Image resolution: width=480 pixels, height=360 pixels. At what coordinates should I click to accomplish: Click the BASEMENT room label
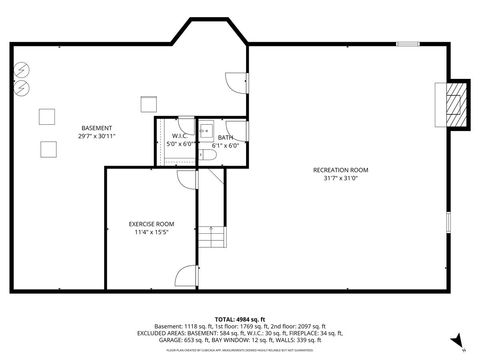[x=97, y=128]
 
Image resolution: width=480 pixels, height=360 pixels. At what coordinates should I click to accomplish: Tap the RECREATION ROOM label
[x=340, y=170]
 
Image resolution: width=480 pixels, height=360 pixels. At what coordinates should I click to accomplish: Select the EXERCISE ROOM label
[x=152, y=223]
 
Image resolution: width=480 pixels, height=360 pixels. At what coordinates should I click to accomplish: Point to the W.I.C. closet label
[x=181, y=136]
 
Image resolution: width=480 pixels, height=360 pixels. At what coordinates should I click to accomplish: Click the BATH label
[x=225, y=137]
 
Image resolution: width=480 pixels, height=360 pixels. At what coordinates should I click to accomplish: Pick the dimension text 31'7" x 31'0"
[x=340, y=179]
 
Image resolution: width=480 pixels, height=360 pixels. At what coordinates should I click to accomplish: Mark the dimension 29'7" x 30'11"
[x=97, y=136]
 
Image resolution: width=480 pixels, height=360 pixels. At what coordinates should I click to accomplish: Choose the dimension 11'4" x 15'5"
[x=152, y=232]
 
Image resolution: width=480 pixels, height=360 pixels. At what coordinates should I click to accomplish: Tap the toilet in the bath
[x=204, y=130]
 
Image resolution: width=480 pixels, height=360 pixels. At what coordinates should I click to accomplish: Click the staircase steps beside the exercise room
[x=210, y=238]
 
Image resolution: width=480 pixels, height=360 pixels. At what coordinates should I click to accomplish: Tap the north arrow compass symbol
[x=456, y=341]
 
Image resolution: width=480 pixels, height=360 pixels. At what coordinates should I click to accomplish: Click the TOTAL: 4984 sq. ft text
[x=240, y=318]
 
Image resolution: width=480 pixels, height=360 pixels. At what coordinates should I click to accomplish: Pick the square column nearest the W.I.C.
[x=148, y=103]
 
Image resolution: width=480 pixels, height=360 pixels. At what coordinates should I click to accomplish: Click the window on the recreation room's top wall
[x=407, y=44]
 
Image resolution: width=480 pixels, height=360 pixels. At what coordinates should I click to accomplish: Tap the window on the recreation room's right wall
[x=447, y=220]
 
